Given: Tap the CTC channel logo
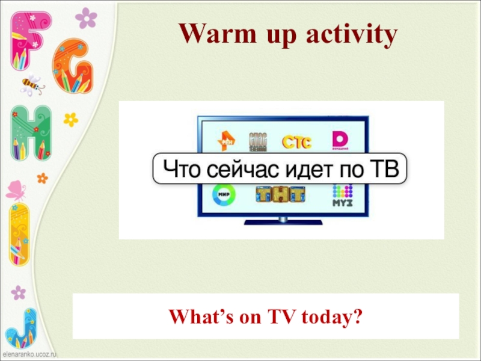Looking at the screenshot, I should (297, 142).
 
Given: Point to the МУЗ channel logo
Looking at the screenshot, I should (342, 196).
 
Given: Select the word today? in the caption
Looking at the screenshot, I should (331, 315).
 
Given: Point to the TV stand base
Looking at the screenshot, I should (283, 222).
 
